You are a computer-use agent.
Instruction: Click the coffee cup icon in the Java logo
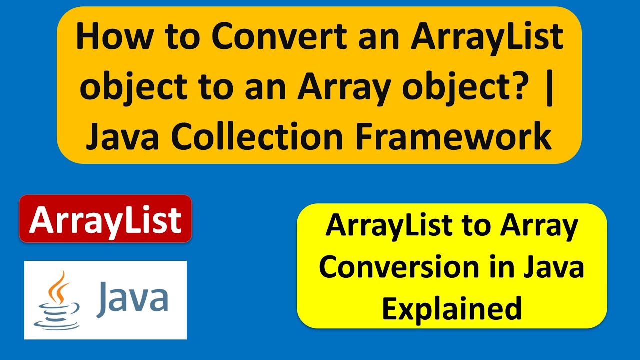[x=56, y=315]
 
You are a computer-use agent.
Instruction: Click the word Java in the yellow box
[x=555, y=267]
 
